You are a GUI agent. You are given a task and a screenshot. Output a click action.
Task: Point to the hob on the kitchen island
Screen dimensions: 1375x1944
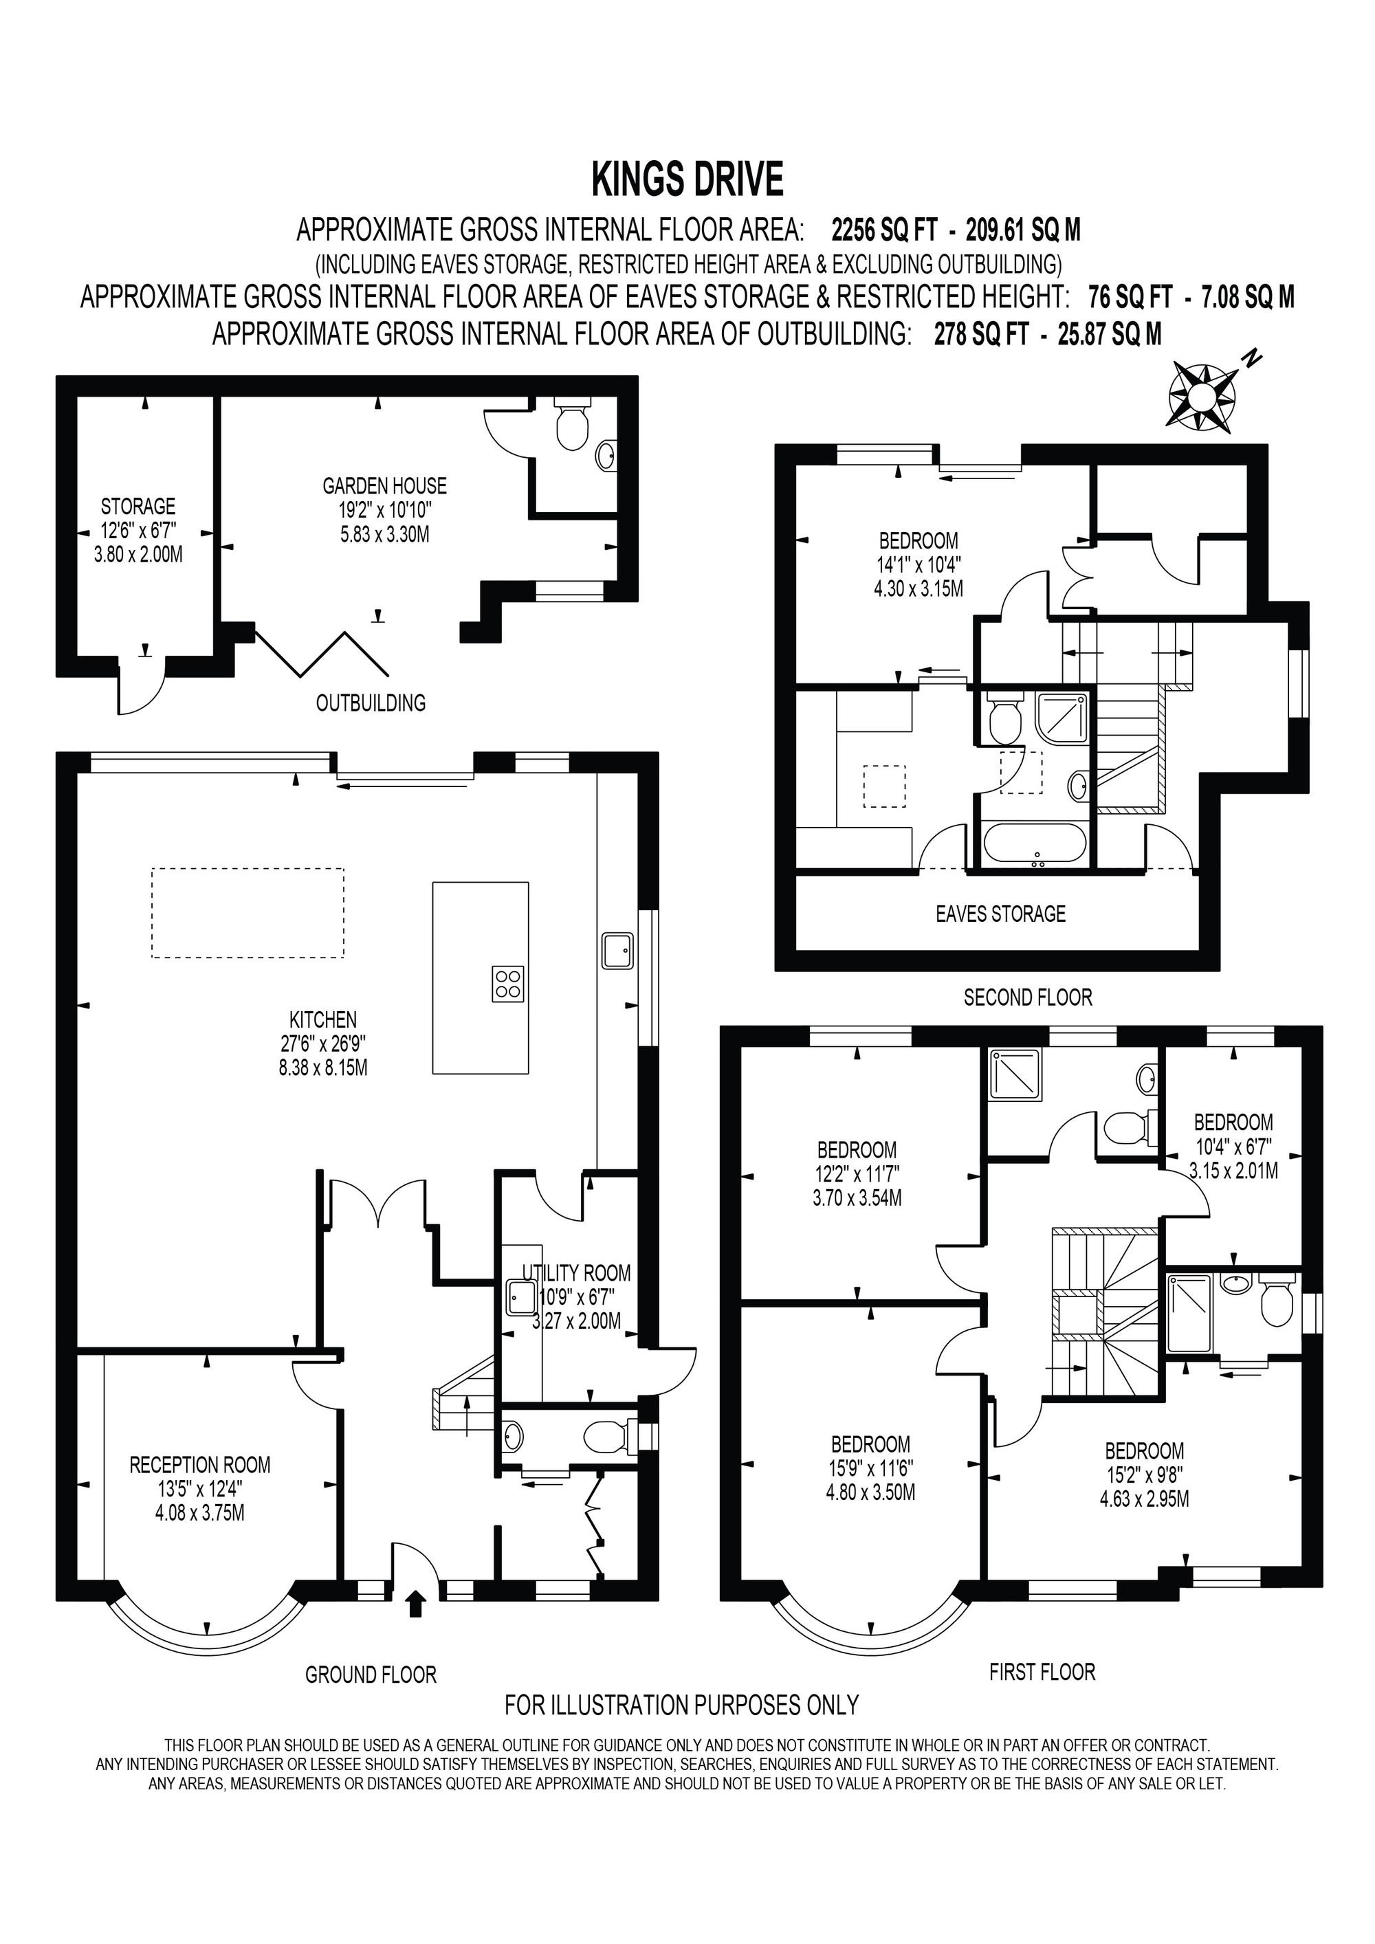tap(508, 984)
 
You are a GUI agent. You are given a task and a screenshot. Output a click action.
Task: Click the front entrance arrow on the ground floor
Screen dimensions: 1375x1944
tap(415, 1604)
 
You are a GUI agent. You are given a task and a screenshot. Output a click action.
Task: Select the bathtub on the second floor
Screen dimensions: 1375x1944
tap(1035, 843)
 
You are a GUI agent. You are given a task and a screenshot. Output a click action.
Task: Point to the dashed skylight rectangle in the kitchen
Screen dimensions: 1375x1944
tap(248, 913)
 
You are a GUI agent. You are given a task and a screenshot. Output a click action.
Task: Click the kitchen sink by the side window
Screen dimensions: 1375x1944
tap(618, 950)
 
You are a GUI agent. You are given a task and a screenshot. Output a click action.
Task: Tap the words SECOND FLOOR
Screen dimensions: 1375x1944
tap(1028, 997)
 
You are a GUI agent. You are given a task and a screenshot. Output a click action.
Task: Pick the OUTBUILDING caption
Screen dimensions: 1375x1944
tap(371, 703)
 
